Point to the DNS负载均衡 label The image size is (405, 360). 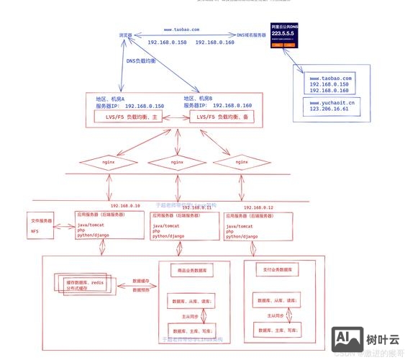pos(141,61)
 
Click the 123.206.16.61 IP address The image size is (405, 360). pos(332,110)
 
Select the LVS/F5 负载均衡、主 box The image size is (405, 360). pos(133,117)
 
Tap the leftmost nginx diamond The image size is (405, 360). pos(108,163)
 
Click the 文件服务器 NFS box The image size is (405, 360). pos(42,226)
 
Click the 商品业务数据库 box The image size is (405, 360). pos(191,271)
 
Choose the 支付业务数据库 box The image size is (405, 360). pos(276,270)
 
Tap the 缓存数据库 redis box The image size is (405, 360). pos(84,284)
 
